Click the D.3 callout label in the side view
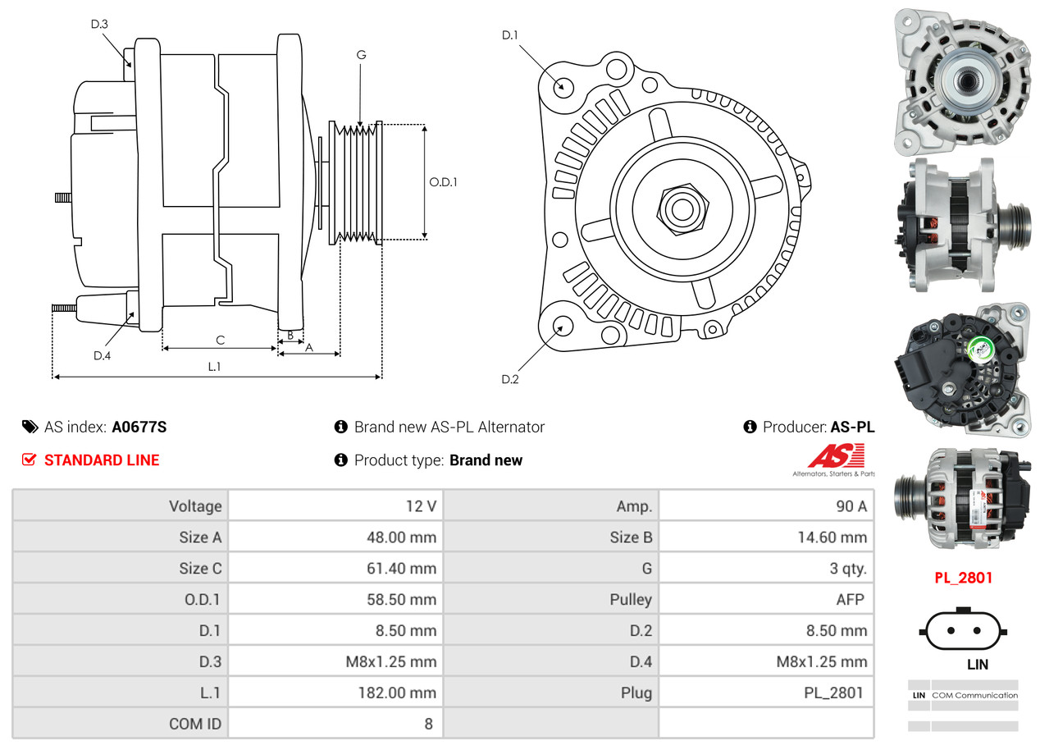click(x=99, y=24)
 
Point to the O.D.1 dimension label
click(x=444, y=182)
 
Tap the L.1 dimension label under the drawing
click(x=213, y=367)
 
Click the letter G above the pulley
click(x=361, y=55)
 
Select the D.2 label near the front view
click(x=510, y=379)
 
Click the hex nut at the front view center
click(x=681, y=208)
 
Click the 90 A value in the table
click(x=851, y=506)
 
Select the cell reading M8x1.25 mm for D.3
click(x=391, y=661)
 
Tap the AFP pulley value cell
click(x=850, y=600)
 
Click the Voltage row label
click(x=195, y=506)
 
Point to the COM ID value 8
click(x=428, y=724)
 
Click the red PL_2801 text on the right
click(x=963, y=578)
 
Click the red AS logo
click(x=835, y=456)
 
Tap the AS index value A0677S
click(x=139, y=427)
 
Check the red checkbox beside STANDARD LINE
click(x=30, y=460)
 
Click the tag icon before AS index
click(x=30, y=427)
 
